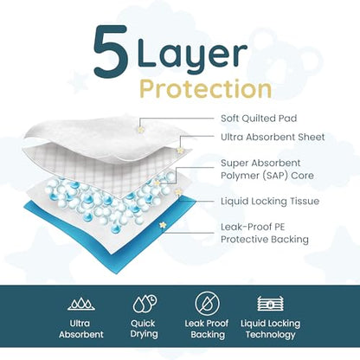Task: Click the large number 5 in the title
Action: click(111, 48)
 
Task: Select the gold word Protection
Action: click(206, 89)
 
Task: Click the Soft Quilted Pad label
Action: click(259, 118)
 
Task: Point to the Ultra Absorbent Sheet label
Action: click(273, 137)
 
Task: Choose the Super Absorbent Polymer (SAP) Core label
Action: click(267, 170)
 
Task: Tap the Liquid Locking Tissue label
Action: click(270, 201)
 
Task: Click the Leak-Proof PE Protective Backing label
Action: click(265, 233)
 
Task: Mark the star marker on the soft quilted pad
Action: click(141, 130)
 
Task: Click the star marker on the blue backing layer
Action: click(163, 225)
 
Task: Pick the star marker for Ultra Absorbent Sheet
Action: click(180, 150)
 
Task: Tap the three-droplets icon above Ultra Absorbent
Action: click(81, 303)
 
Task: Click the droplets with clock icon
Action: click(145, 304)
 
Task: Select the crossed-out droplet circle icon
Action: click(207, 304)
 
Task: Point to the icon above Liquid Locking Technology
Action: click(270, 304)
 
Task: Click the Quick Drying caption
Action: click(144, 329)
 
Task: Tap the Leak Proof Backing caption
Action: click(207, 329)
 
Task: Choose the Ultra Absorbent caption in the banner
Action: click(81, 329)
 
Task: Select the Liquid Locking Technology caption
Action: click(270, 329)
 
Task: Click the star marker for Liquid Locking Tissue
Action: click(178, 192)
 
